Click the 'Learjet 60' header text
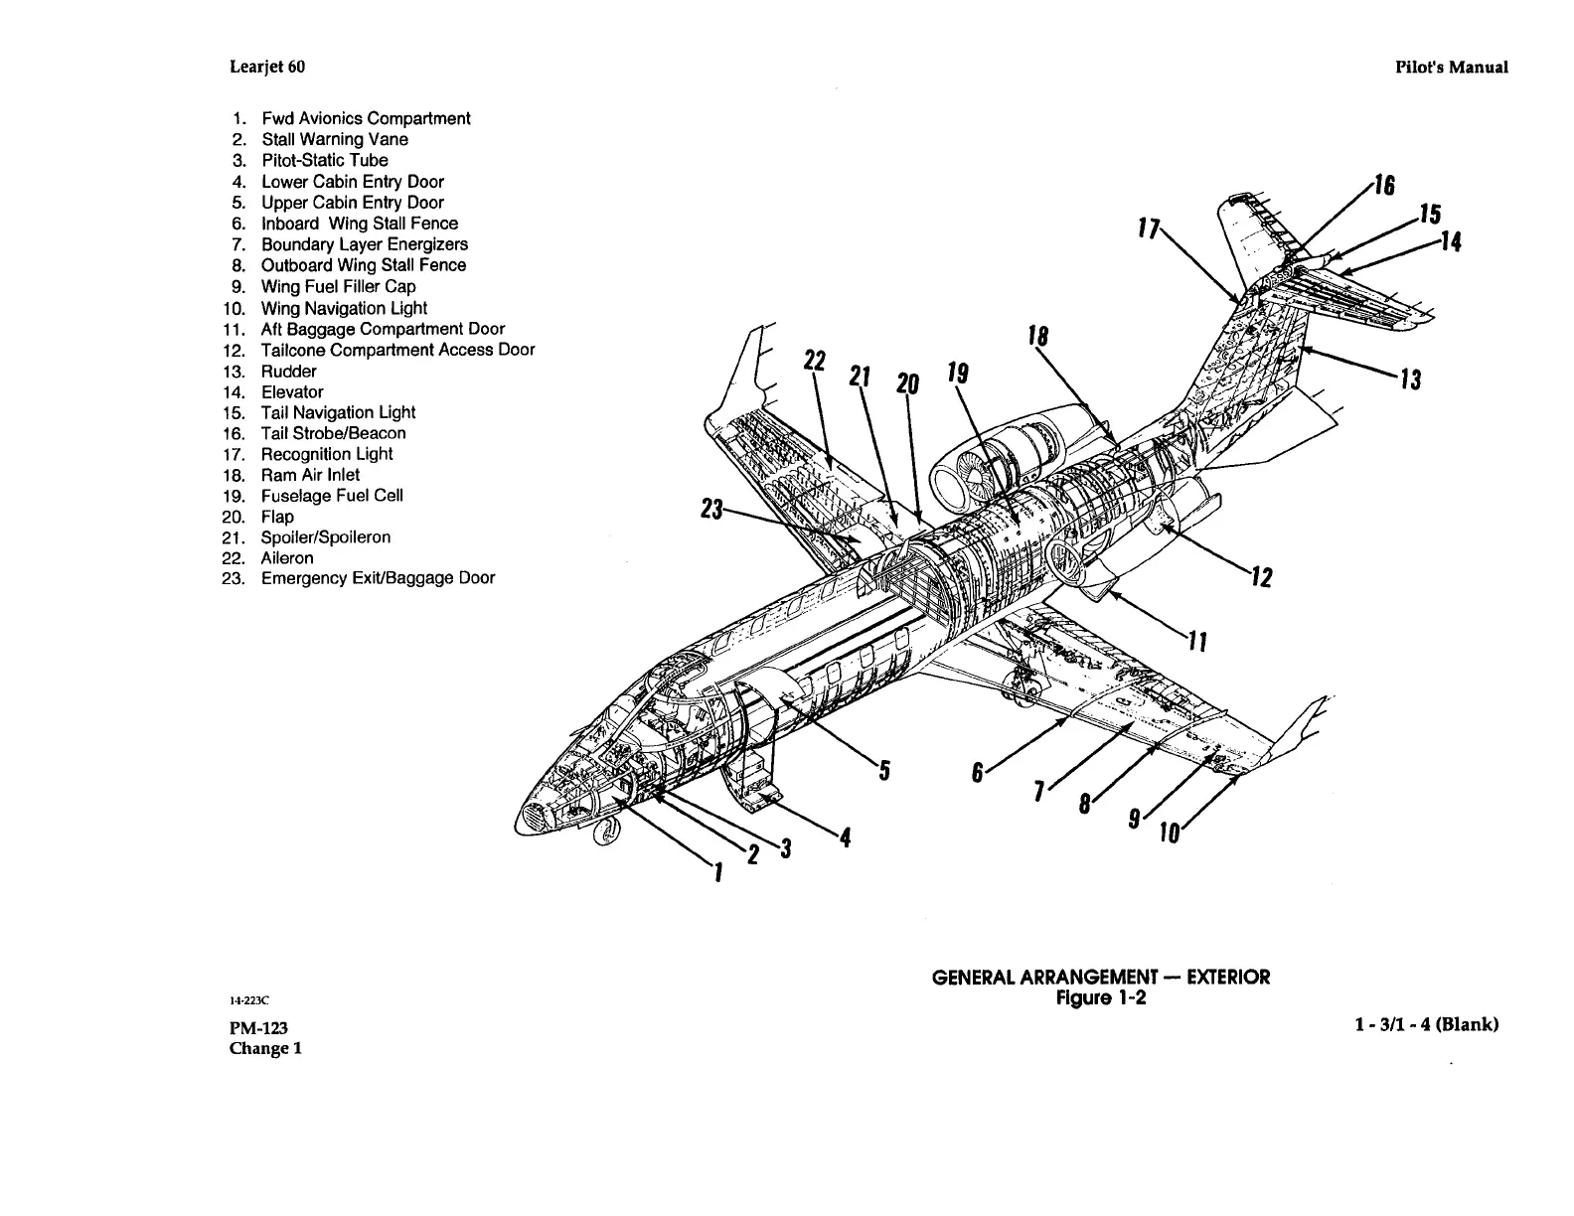point(267,67)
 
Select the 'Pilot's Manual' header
point(1450,68)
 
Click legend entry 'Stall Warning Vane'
point(334,139)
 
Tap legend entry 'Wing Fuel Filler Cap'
point(338,286)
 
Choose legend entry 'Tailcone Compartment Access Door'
point(397,350)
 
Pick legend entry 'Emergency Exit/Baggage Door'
point(378,578)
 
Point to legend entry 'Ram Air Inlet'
point(310,475)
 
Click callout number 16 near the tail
point(1384,186)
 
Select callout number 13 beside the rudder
point(1410,380)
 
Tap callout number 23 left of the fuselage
point(710,510)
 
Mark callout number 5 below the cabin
point(883,770)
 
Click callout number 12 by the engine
point(1261,576)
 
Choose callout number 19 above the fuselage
point(957,374)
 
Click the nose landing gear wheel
point(603,836)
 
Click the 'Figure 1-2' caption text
point(1100,997)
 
